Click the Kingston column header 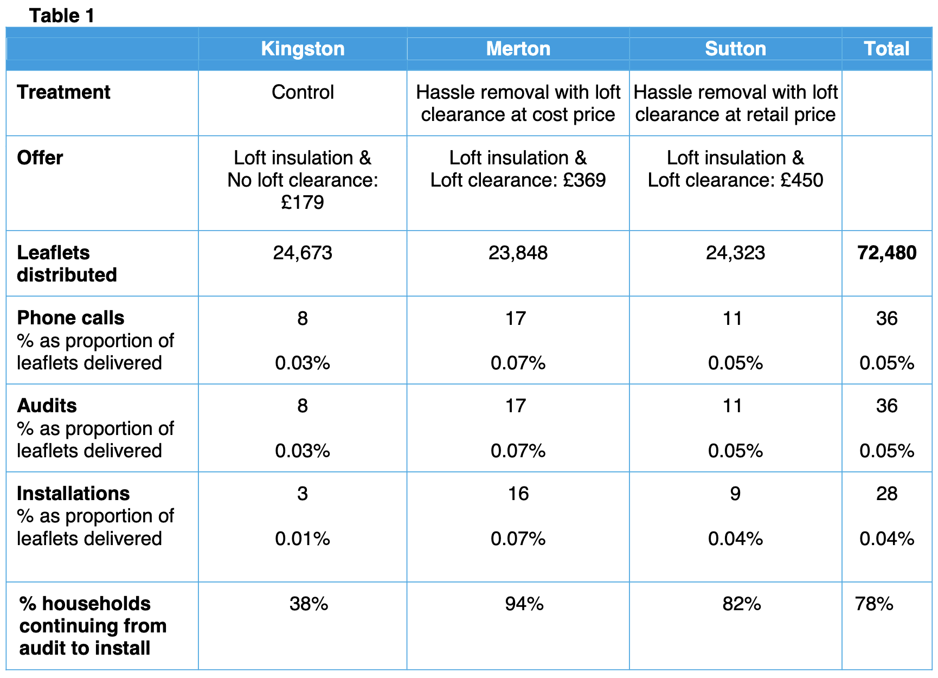click(x=303, y=49)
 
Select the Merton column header click(x=518, y=49)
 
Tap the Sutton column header click(x=735, y=49)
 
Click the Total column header click(x=886, y=49)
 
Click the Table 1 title click(x=62, y=16)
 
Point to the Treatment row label click(x=63, y=92)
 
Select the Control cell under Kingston click(x=303, y=92)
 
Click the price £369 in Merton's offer click(x=584, y=180)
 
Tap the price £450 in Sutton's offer click(x=801, y=180)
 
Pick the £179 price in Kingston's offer click(x=303, y=202)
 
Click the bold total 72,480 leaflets click(x=886, y=253)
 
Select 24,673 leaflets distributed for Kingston click(x=303, y=253)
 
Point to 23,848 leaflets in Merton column click(x=518, y=253)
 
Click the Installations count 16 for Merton click(x=518, y=494)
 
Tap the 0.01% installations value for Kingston click(x=303, y=539)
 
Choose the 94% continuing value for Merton click(x=524, y=604)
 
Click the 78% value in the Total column click(x=874, y=604)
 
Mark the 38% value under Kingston click(x=309, y=604)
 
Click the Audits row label click(x=47, y=406)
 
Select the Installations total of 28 click(x=886, y=494)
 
